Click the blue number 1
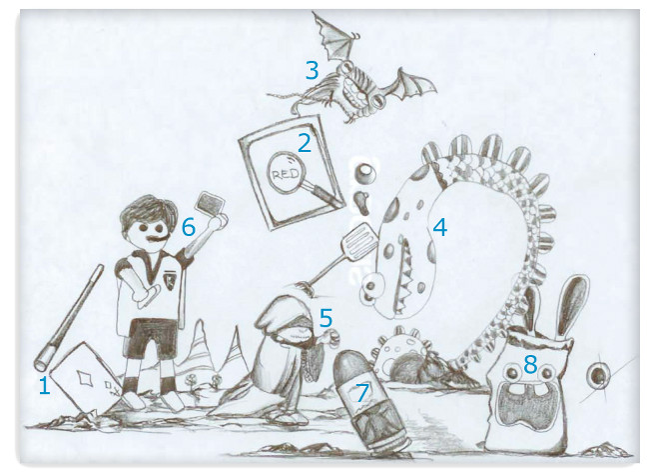pos(44,386)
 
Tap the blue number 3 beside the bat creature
pos(313,70)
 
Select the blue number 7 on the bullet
pos(362,393)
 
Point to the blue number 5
pos(325,318)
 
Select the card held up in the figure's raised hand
pos(211,203)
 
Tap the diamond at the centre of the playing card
pos(85,378)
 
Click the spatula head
pos(358,240)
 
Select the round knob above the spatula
pos(365,173)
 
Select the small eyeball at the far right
pos(598,376)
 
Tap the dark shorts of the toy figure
pos(152,339)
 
